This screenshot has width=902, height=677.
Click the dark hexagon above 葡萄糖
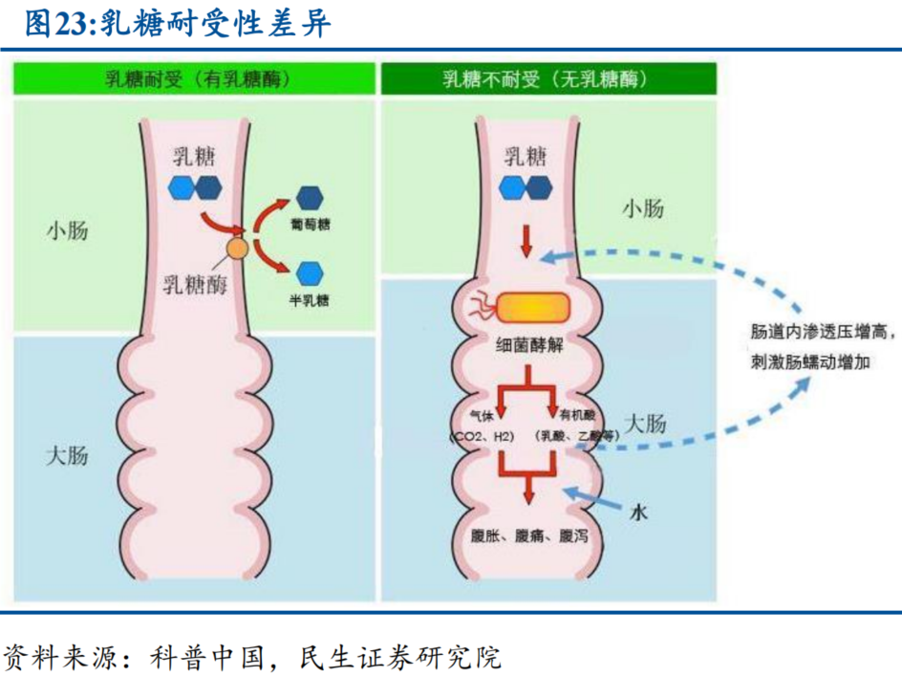coord(310,198)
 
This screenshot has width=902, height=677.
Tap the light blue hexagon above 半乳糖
coord(310,273)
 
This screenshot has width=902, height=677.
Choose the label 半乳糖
coord(310,299)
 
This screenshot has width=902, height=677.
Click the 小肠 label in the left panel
coord(67,230)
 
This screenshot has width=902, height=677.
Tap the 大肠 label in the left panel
coord(67,454)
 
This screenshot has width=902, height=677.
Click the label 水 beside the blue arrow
coord(638,513)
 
